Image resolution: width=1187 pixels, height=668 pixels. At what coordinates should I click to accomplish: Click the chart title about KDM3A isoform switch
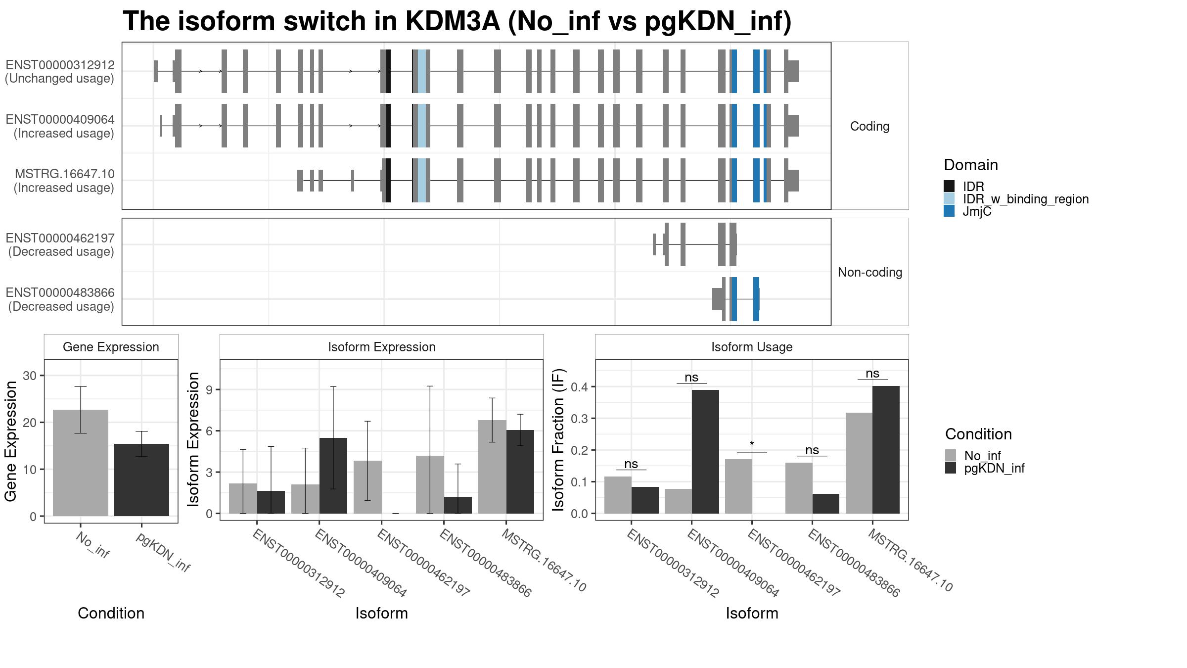click(x=457, y=22)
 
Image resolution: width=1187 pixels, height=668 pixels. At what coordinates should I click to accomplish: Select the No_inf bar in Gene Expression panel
click(x=80, y=463)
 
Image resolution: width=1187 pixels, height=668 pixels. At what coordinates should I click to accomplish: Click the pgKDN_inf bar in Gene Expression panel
click(x=141, y=480)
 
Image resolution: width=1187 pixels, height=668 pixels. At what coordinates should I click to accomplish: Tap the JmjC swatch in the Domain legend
click(x=949, y=211)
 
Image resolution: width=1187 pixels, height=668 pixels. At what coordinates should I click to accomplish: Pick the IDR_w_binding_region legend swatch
click(x=949, y=199)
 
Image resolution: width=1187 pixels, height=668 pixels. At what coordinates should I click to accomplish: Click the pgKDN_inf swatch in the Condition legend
click(x=951, y=468)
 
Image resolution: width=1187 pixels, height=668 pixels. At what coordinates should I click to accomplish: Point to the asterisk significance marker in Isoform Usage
click(x=752, y=444)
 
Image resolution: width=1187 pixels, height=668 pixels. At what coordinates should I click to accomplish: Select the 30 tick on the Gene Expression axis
click(x=30, y=376)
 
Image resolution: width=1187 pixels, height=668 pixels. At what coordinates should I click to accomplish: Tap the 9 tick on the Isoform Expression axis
click(x=210, y=390)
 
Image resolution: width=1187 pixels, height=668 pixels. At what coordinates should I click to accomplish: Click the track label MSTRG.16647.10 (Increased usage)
click(x=64, y=181)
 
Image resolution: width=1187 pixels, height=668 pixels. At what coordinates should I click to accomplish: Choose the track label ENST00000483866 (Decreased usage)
click(x=60, y=299)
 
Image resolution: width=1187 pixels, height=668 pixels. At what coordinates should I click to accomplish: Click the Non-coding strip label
click(x=870, y=272)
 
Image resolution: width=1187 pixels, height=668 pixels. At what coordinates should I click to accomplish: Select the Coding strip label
click(x=870, y=126)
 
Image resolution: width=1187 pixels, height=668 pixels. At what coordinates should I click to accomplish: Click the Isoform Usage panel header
click(x=752, y=347)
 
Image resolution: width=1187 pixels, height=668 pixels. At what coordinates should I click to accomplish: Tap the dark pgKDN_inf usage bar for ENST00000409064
click(x=705, y=452)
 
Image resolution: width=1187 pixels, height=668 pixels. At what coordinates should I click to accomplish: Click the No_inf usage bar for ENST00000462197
click(x=738, y=486)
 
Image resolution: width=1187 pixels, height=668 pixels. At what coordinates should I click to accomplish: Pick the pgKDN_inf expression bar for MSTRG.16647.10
click(x=520, y=472)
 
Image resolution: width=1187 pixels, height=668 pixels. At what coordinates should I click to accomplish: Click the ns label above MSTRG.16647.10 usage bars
click(x=872, y=374)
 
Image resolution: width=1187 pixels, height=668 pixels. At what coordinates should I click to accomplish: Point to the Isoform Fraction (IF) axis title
click(x=558, y=439)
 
